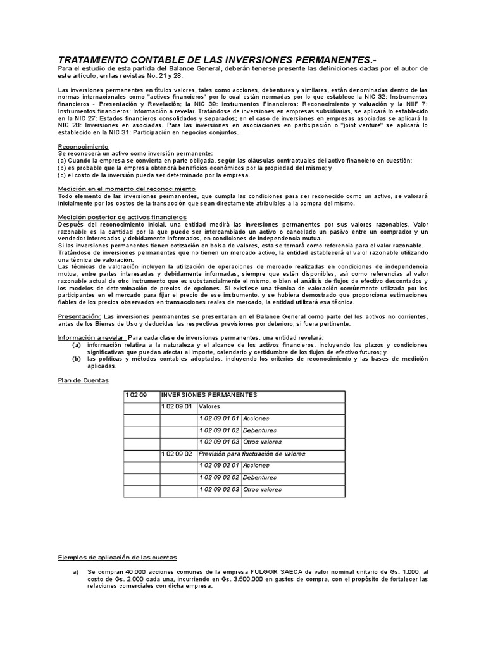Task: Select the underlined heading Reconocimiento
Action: (x=83, y=146)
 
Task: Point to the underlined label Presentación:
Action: (x=78, y=315)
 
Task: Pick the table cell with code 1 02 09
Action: (x=136, y=394)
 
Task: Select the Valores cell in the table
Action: (x=209, y=406)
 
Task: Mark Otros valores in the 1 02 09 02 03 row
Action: (x=263, y=489)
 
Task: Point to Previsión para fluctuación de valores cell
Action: (x=251, y=454)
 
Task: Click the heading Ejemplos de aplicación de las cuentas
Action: (x=117, y=557)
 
